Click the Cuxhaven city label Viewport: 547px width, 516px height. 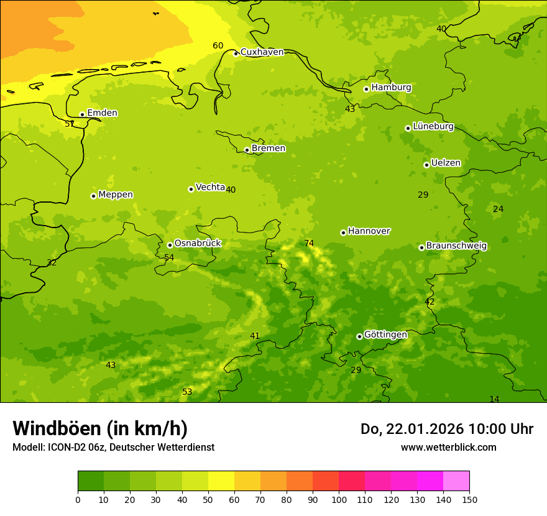click(262, 52)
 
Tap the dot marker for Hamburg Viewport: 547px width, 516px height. click(367, 89)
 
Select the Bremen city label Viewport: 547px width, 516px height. click(269, 149)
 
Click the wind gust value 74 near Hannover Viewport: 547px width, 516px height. click(309, 243)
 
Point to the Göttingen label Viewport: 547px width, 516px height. click(385, 335)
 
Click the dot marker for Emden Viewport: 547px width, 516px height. click(82, 114)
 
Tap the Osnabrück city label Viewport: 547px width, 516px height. click(198, 244)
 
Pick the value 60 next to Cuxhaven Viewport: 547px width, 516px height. click(218, 46)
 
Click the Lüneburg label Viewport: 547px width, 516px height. click(433, 126)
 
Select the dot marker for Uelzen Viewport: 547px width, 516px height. click(426, 165)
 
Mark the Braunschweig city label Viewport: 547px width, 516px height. click(456, 246)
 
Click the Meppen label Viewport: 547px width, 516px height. click(116, 195)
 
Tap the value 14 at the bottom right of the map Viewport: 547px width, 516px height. click(494, 399)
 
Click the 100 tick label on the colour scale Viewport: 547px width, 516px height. click(339, 500)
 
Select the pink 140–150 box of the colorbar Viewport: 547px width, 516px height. click(456, 481)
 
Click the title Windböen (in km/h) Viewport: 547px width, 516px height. click(100, 428)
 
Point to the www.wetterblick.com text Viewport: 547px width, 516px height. click(448, 447)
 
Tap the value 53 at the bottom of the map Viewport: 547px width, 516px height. click(187, 392)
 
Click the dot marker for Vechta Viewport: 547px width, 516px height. click(191, 189)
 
